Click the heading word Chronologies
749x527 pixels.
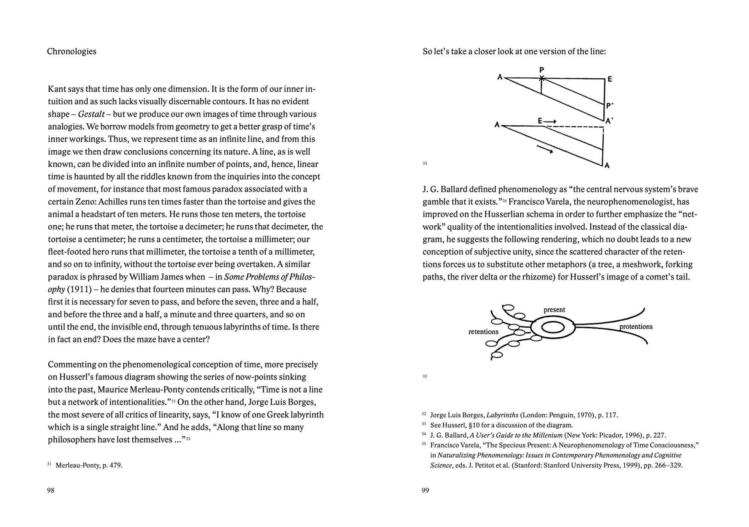tap(72, 52)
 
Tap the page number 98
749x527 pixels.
tap(51, 490)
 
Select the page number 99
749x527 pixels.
tap(425, 490)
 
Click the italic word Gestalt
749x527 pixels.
tap(91, 114)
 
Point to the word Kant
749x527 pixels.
tap(57, 89)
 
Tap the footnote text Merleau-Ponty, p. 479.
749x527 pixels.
tap(89, 466)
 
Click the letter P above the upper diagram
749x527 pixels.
tap(542, 70)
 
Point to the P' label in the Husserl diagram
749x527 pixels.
tap(610, 106)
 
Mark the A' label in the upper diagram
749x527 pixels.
tap(610, 121)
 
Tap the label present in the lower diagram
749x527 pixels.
tap(554, 310)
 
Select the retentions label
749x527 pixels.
tap(483, 332)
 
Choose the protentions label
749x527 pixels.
tap(636, 326)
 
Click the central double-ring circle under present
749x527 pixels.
tap(553, 328)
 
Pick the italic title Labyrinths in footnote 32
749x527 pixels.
tap(502, 415)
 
